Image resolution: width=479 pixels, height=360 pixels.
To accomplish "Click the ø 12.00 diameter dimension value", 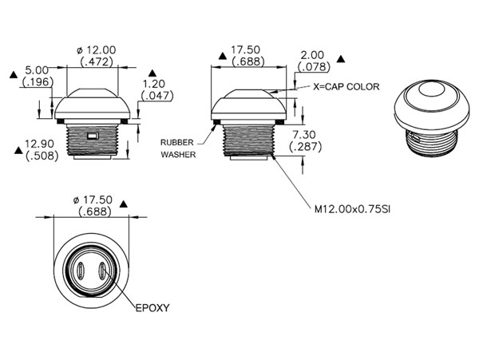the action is coord(97,49).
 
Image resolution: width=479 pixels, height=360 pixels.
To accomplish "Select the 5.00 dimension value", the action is coord(37,70).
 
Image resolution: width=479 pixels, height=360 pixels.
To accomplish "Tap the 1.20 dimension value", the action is coord(154,84).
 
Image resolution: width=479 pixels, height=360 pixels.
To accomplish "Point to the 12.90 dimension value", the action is coord(39,144).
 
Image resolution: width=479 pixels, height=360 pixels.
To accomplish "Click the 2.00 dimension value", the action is coord(312,55).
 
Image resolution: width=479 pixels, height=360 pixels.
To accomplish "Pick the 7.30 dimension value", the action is coord(304,135).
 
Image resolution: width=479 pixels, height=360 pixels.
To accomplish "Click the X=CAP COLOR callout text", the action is coord(346,87).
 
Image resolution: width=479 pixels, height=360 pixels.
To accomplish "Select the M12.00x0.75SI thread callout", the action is coord(353,209).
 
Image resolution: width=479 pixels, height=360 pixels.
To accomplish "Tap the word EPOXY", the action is coord(152,308).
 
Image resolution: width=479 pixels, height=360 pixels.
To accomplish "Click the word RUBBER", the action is coord(177,143).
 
